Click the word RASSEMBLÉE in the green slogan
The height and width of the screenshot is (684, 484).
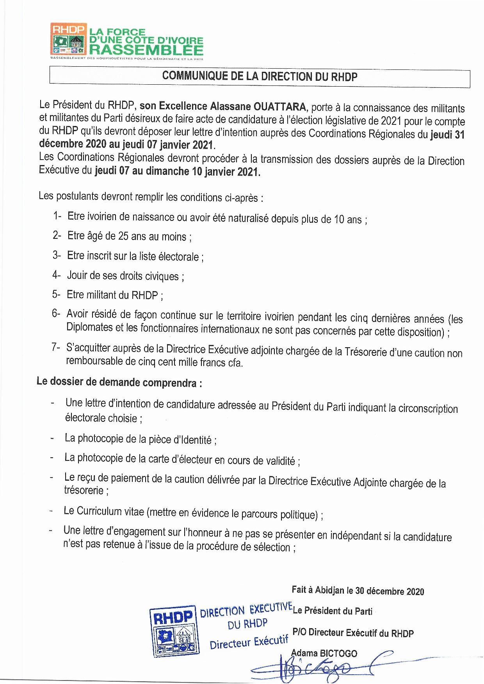coord(146,50)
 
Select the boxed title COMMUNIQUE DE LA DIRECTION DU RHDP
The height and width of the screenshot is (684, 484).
coord(260,76)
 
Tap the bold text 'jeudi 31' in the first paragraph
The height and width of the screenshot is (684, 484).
coord(447,135)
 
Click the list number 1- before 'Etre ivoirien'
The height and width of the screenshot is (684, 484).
coord(57,216)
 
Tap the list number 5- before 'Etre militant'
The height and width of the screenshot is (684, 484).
coord(56,294)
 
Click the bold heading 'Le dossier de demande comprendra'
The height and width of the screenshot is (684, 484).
coord(119,382)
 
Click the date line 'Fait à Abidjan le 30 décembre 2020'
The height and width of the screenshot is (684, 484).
coord(358,591)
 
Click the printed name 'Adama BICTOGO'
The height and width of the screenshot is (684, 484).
coord(324,653)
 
